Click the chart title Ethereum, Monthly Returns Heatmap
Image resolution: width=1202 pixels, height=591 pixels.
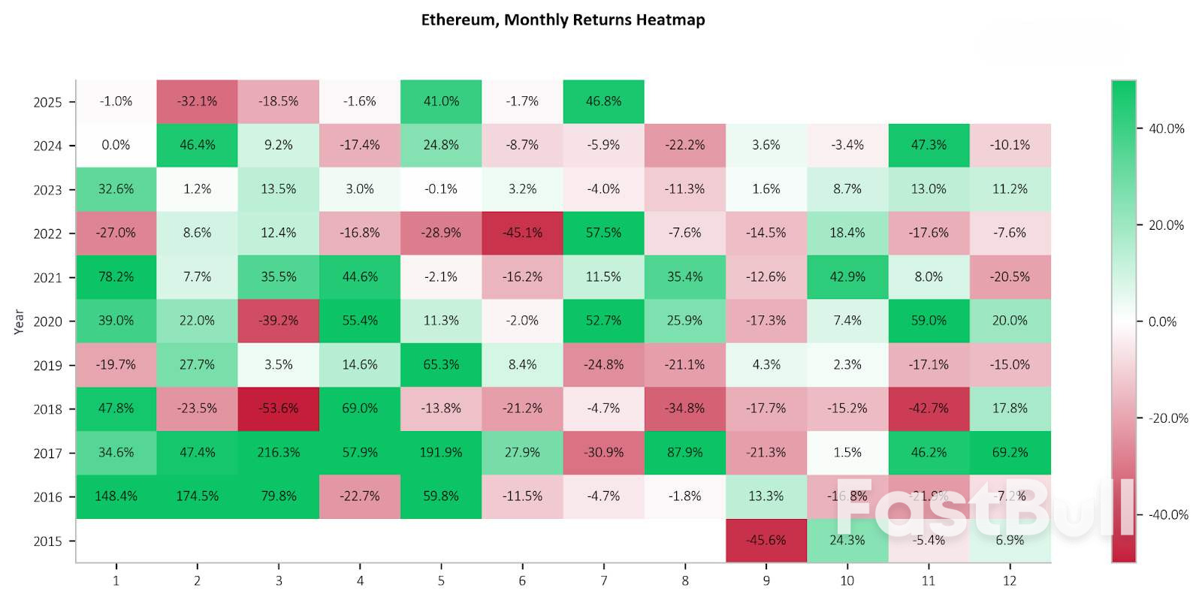click(x=563, y=20)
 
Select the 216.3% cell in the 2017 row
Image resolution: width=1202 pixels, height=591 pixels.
click(x=279, y=453)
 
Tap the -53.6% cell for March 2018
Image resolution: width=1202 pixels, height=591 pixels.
click(x=279, y=409)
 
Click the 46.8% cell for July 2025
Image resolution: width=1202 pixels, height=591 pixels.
click(x=603, y=101)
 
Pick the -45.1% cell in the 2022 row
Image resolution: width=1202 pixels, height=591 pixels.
click(x=522, y=233)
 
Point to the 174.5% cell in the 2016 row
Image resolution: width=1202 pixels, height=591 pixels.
click(x=198, y=496)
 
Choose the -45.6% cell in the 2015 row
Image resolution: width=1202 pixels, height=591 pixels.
click(x=766, y=540)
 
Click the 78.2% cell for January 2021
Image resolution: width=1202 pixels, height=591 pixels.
click(x=116, y=277)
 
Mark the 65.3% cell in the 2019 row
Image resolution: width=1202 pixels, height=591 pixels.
click(x=441, y=365)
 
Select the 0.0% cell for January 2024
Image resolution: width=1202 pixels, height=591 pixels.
click(x=116, y=145)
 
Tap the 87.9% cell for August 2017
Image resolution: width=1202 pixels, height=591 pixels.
click(x=684, y=453)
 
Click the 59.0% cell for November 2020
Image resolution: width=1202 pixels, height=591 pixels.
click(x=929, y=321)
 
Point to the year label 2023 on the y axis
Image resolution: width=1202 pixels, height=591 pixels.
click(x=47, y=190)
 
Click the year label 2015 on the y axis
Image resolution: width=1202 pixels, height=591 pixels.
click(x=47, y=541)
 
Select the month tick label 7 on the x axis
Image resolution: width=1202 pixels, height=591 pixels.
click(x=603, y=580)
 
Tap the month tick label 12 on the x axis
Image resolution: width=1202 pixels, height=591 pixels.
click(x=1010, y=580)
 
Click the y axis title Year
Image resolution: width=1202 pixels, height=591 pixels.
click(x=19, y=321)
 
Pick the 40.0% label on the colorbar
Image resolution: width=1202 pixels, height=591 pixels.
click(x=1166, y=129)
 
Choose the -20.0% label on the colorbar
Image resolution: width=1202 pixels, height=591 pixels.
click(x=1167, y=418)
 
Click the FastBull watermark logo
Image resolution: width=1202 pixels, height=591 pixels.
click(x=984, y=508)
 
